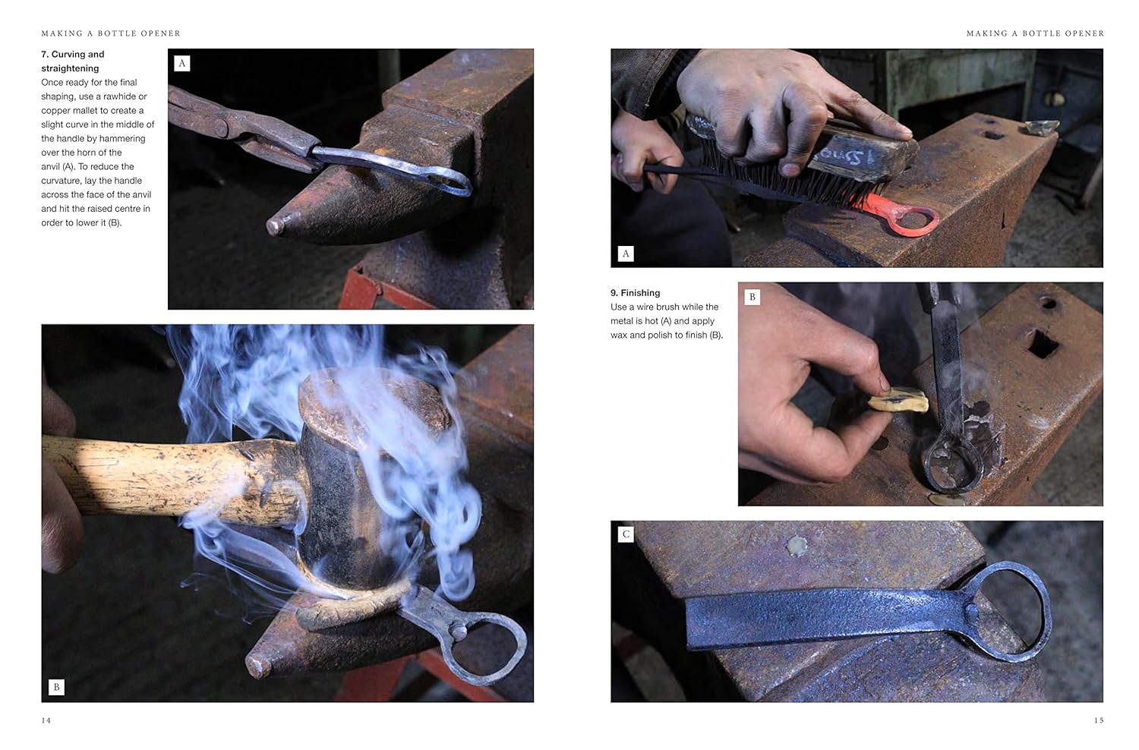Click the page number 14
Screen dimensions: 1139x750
46,720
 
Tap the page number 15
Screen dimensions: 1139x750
1099,720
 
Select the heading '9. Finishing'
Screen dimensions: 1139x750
635,293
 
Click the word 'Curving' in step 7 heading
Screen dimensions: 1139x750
68,55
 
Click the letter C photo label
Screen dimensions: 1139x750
626,534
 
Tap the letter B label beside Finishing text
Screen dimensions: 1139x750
752,297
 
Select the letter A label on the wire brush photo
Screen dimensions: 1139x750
626,254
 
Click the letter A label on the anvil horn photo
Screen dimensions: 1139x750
181,64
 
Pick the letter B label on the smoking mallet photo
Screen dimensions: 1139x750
56,688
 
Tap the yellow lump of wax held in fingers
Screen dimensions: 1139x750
898,403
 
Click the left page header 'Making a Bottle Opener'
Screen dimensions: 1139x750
111,33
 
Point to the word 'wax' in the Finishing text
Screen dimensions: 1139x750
619,336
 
